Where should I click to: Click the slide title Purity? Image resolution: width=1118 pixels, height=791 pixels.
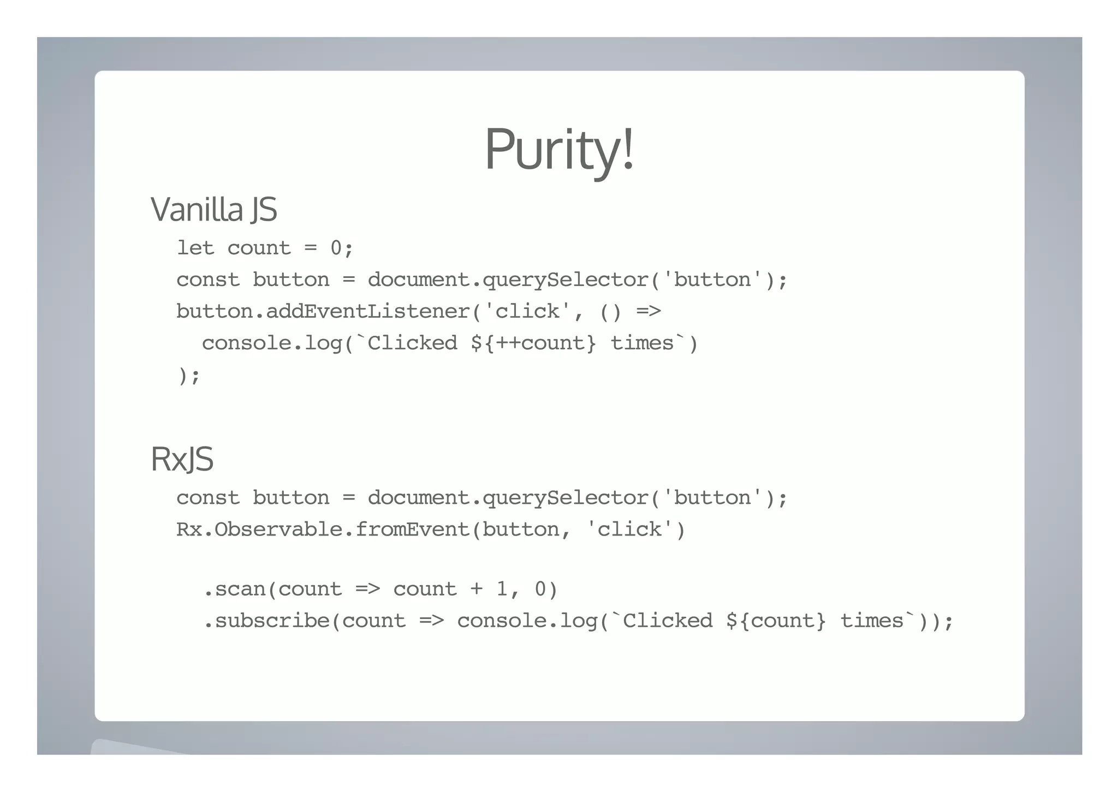(559, 149)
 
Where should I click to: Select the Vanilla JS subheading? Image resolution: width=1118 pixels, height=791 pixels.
(213, 209)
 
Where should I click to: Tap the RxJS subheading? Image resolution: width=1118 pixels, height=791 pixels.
(182, 459)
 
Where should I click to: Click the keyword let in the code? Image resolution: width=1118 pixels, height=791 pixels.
(195, 248)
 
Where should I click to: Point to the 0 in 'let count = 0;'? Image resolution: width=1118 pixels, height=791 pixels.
(336, 248)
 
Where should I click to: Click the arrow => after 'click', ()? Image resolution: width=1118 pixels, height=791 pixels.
(649, 312)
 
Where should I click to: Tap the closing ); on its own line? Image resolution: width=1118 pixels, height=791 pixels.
(189, 376)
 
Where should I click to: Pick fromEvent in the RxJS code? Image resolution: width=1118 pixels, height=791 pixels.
(413, 530)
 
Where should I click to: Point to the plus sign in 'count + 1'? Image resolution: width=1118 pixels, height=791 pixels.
(476, 589)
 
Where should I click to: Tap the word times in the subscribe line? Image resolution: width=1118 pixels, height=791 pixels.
(872, 621)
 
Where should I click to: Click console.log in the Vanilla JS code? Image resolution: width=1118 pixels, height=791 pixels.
(272, 343)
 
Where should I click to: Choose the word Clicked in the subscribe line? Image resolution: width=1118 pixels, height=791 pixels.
(668, 621)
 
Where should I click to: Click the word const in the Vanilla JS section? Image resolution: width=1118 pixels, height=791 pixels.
(207, 280)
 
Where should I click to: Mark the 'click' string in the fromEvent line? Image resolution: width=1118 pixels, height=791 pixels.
(629, 530)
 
